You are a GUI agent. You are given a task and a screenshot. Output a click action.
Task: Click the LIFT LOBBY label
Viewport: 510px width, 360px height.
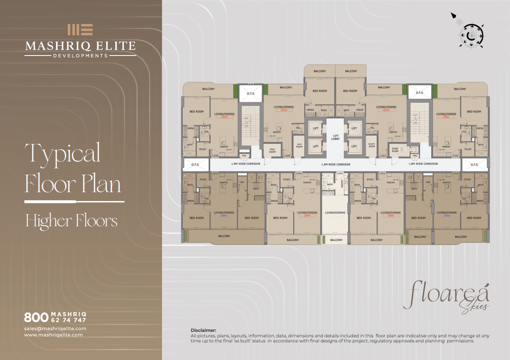[x=335, y=137]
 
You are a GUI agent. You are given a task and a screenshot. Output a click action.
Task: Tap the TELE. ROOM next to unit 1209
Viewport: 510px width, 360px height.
[x=272, y=151]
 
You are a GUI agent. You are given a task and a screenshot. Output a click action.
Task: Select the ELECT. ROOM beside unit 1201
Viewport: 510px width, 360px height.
[x=372, y=146]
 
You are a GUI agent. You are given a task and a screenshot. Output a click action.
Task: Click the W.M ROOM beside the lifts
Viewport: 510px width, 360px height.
[x=299, y=146]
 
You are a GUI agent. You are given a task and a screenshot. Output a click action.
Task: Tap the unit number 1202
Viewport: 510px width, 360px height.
[x=454, y=156]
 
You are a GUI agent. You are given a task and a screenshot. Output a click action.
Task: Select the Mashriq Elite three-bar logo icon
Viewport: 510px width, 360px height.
[x=80, y=29]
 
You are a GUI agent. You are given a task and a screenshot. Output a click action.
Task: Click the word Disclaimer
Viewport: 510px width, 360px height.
[x=203, y=331]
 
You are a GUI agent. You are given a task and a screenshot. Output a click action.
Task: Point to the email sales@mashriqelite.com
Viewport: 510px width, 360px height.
[x=55, y=328]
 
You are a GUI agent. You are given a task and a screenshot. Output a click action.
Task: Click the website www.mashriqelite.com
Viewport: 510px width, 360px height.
[x=53, y=335]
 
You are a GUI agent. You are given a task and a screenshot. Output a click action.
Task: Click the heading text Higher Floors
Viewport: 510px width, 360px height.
[x=72, y=221]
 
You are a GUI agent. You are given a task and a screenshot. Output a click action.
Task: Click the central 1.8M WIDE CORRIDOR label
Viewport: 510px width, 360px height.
[x=335, y=164]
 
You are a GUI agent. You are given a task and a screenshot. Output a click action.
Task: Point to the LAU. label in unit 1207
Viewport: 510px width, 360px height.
[x=242, y=182]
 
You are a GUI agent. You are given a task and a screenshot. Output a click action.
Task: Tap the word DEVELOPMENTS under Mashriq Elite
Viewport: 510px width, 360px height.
[x=80, y=55]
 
